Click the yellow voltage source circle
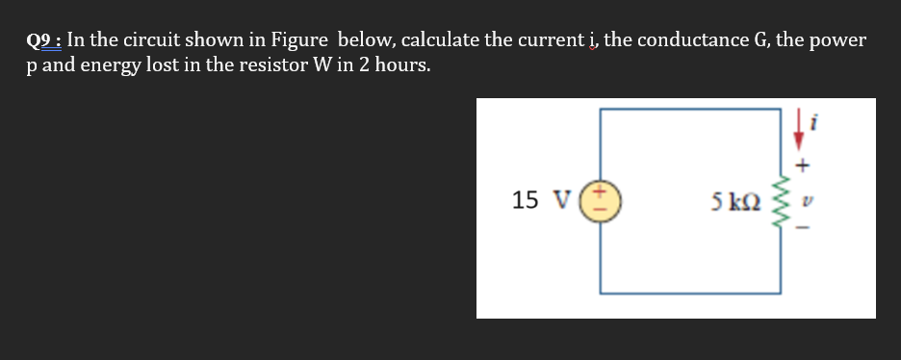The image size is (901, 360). pyautogui.click(x=602, y=200)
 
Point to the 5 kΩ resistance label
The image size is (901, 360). pyautogui.click(x=735, y=201)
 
